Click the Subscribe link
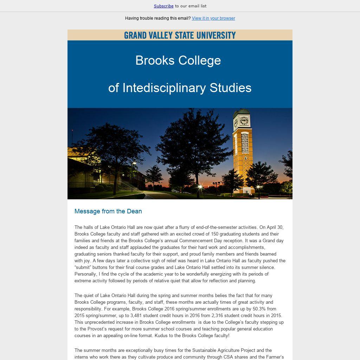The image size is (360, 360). pos(163,6)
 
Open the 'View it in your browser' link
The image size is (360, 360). pos(213,18)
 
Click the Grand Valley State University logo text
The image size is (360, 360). pos(180,35)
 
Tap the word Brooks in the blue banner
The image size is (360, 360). pos(155,60)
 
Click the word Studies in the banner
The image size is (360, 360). pos(230,88)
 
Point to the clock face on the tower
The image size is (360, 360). pos(244,121)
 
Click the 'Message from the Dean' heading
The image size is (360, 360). pos(108,211)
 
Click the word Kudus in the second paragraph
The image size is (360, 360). pos(160,336)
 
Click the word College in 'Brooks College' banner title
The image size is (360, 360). pos(200,60)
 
